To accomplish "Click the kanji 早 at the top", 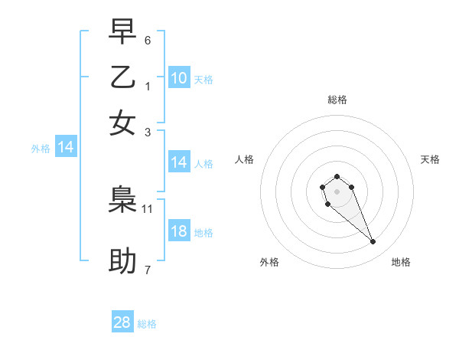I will (122, 32).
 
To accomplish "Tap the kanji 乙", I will (122, 77).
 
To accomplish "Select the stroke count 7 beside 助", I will (148, 270).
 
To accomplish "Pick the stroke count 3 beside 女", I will (148, 132).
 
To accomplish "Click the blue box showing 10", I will (179, 78).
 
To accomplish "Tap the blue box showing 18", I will (179, 232).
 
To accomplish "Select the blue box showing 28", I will (122, 322).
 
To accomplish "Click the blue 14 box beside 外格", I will (66, 148).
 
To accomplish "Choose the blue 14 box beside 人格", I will (179, 162).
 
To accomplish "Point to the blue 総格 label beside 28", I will (147, 324).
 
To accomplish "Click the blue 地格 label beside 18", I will (203, 233).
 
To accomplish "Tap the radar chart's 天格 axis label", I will (430, 159).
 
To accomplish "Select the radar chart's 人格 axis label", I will (245, 159).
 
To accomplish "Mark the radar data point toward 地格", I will (373, 242).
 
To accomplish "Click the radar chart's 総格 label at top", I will (337, 100).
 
